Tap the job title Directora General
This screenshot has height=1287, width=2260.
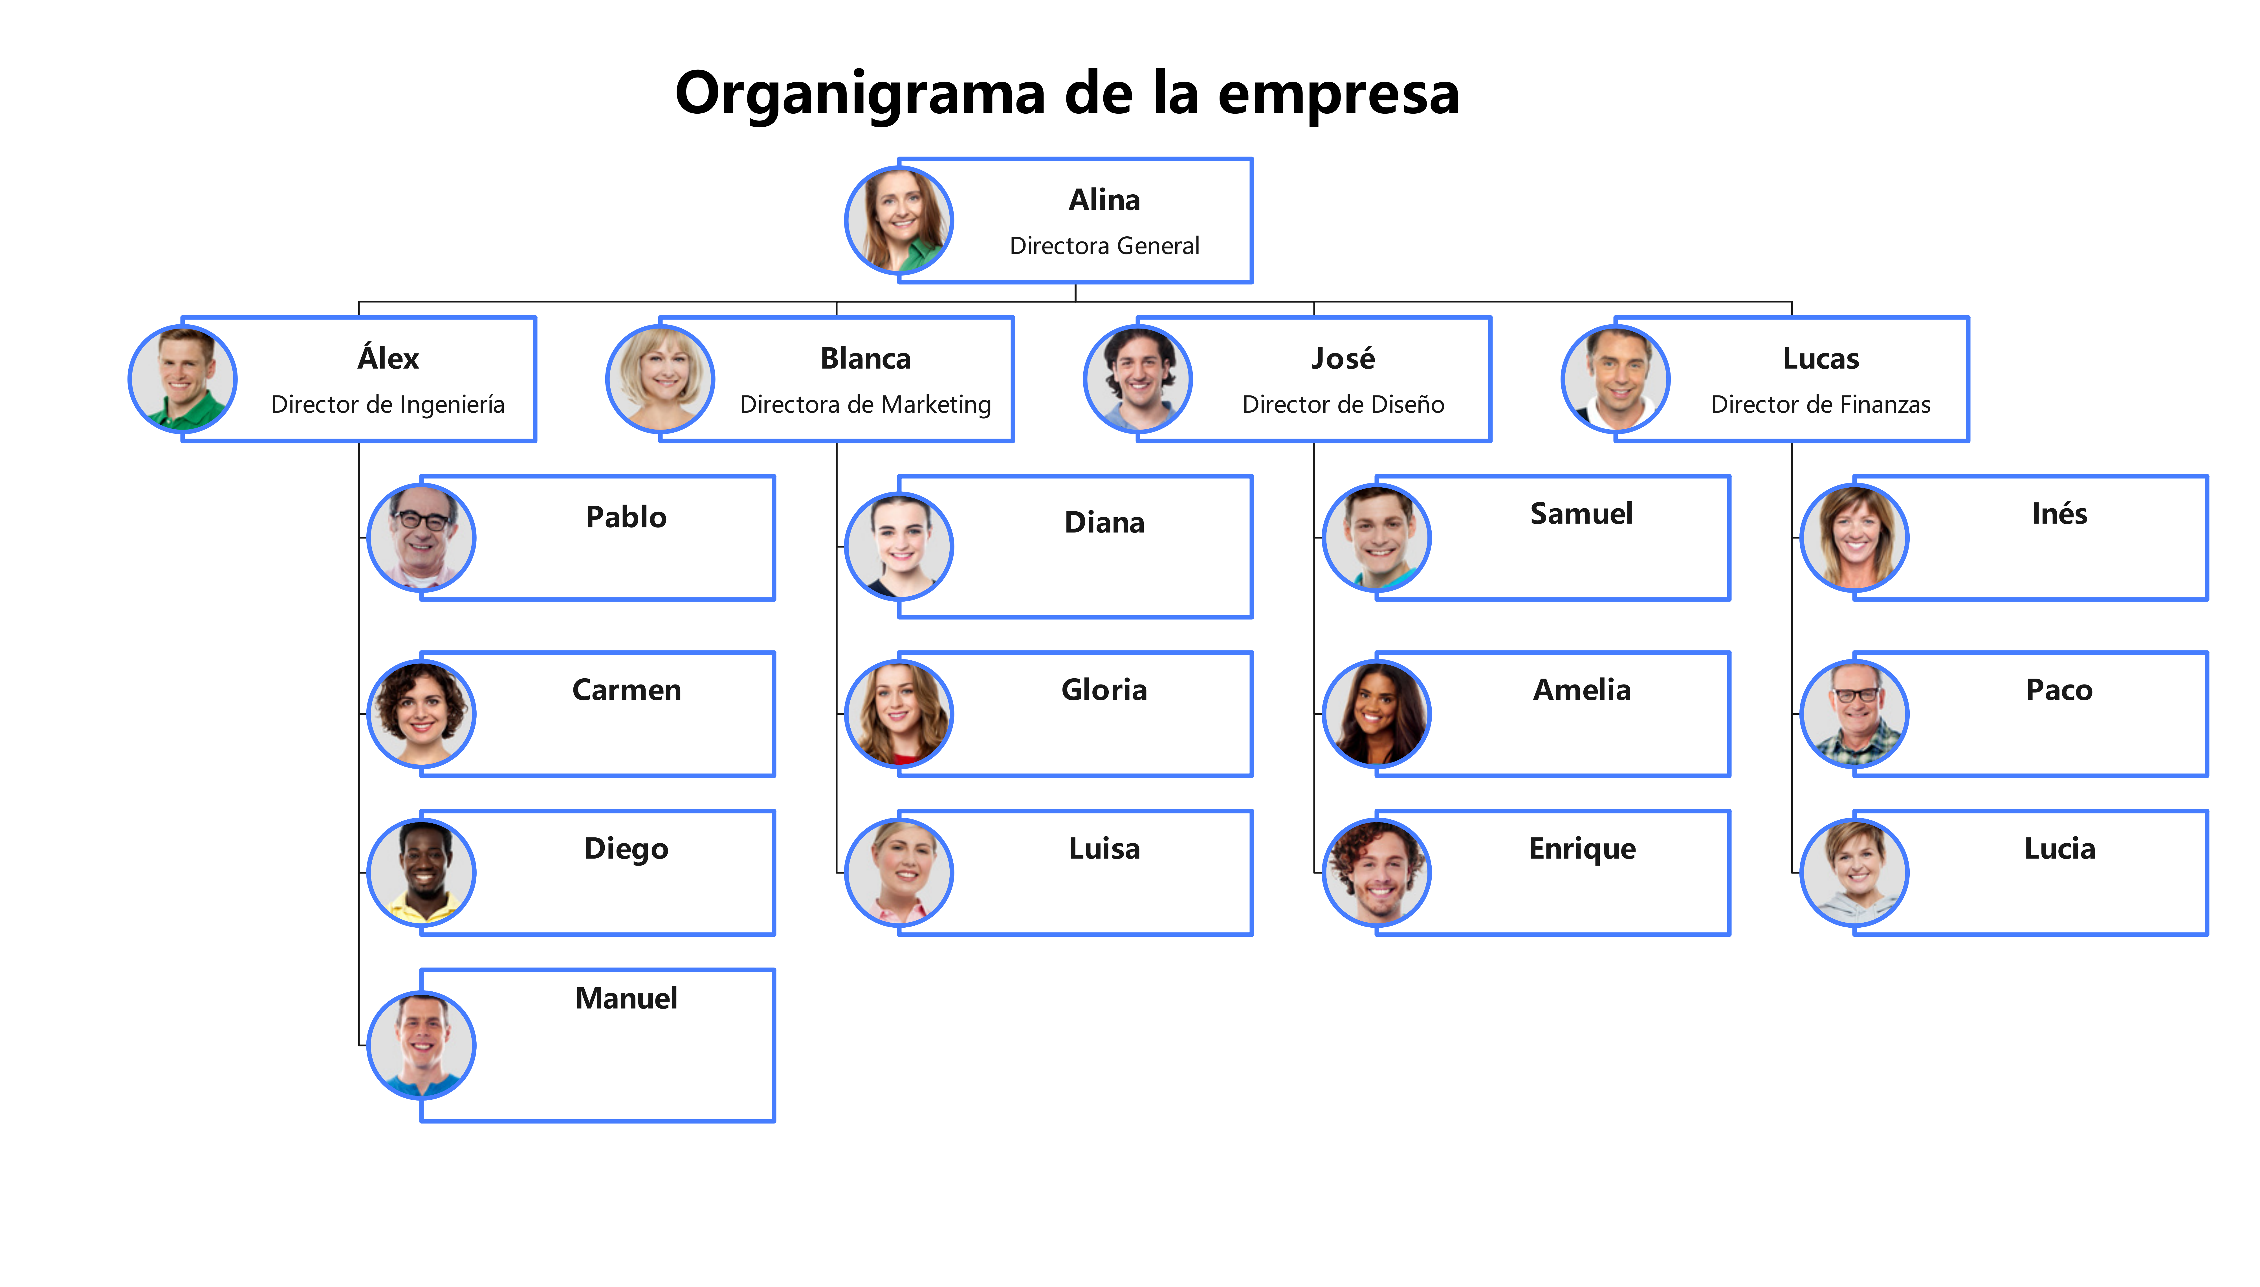click(x=1104, y=246)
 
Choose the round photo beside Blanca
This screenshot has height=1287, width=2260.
click(x=660, y=379)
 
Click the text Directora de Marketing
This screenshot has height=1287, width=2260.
click(x=865, y=405)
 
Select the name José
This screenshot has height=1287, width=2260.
click(x=1343, y=359)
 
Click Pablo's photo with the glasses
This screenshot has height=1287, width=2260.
click(x=422, y=537)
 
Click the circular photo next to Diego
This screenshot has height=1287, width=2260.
click(x=422, y=872)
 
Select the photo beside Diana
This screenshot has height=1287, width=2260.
click(x=899, y=546)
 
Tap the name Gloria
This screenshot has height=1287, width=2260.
click(x=1104, y=690)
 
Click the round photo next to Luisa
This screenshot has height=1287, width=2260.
click(x=899, y=872)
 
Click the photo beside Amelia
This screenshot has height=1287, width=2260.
click(x=1376, y=713)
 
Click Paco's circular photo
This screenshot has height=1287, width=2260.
click(x=1854, y=713)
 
